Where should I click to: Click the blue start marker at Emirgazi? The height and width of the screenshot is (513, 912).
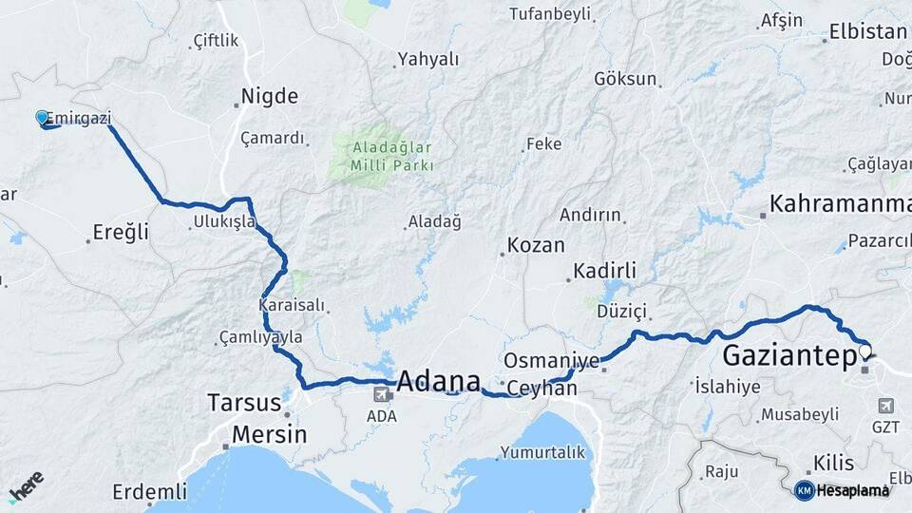point(42,118)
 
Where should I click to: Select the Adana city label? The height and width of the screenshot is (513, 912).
point(438,382)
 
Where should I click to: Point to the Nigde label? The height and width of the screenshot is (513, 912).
point(270,96)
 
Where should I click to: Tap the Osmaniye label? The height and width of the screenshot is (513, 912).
point(551,361)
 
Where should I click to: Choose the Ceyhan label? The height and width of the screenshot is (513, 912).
point(542,389)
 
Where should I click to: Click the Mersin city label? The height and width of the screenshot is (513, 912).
point(271,434)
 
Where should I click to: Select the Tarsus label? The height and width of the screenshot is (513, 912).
point(244,403)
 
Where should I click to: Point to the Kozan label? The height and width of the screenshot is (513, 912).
point(536,245)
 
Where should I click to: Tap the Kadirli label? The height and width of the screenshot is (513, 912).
point(605,271)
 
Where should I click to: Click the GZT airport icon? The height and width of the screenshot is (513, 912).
point(885,406)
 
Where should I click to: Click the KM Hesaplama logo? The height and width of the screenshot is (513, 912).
point(842,490)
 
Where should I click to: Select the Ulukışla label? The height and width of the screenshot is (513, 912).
point(223,220)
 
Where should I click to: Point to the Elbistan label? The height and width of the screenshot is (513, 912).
point(867,31)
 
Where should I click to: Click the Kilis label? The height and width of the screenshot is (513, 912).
point(832,464)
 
